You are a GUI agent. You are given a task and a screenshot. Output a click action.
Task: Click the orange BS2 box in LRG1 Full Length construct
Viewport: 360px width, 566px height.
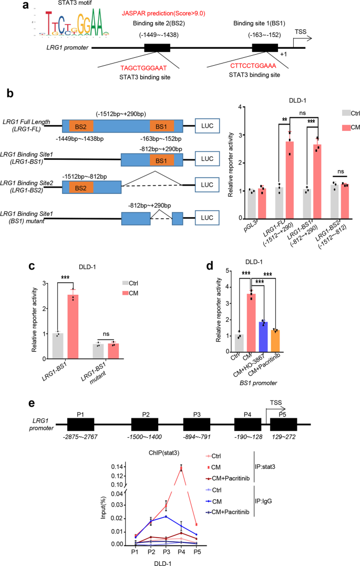[x=80, y=127]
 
